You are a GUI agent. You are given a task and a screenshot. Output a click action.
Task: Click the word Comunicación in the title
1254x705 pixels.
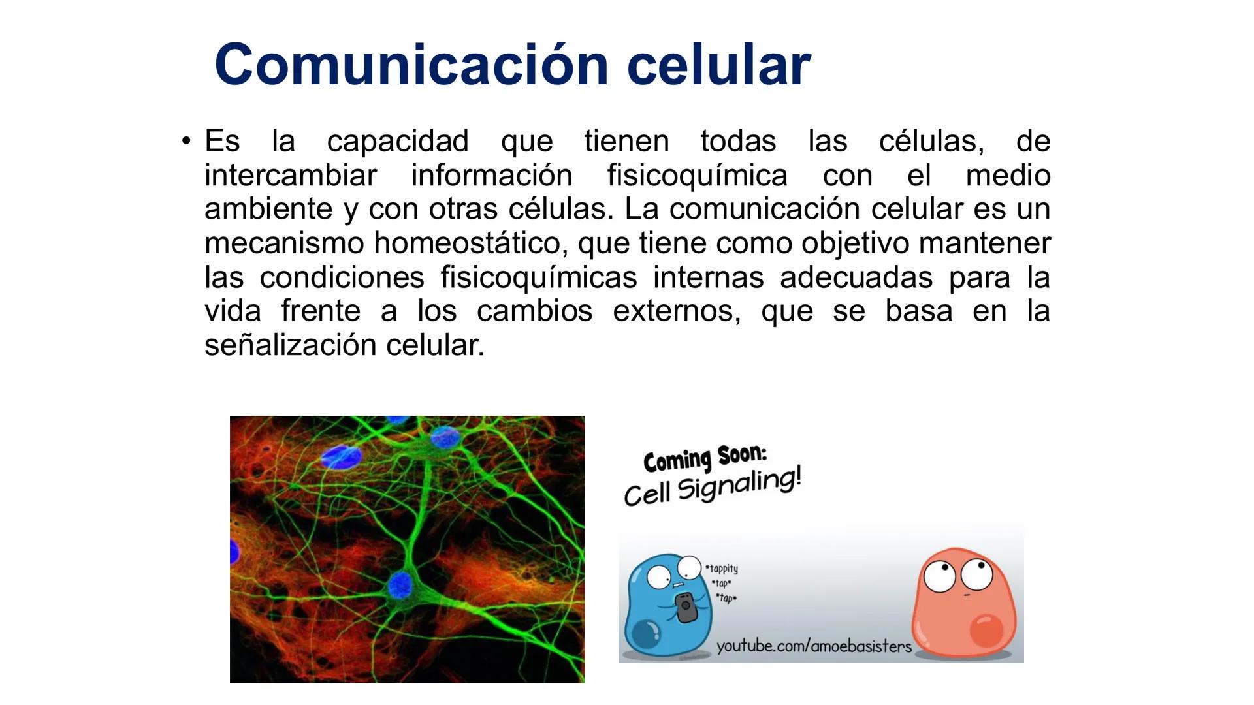click(x=411, y=65)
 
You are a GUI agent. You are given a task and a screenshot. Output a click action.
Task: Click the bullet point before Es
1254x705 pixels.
click(x=187, y=140)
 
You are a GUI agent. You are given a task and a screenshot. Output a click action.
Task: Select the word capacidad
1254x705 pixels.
click(x=397, y=142)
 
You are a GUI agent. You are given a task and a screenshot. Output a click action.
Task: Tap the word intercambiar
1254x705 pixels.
click(x=291, y=176)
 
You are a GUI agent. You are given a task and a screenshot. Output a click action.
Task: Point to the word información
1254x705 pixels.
click(x=491, y=176)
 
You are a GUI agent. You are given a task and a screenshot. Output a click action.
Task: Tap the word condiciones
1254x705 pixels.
click(x=342, y=277)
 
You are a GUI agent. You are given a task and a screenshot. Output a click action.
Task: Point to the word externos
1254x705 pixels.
click(x=676, y=311)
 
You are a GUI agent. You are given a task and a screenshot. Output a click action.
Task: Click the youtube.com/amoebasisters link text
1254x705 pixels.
click(x=814, y=646)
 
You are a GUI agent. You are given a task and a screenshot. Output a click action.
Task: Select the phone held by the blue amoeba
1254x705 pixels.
click(x=684, y=607)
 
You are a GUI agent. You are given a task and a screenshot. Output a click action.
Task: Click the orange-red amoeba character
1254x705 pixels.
click(x=963, y=604)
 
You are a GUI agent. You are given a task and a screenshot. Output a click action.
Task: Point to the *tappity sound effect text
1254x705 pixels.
click(x=722, y=569)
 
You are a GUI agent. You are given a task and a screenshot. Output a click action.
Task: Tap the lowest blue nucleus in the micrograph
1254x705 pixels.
click(x=400, y=585)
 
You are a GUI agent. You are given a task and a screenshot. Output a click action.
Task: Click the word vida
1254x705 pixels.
click(x=232, y=311)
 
